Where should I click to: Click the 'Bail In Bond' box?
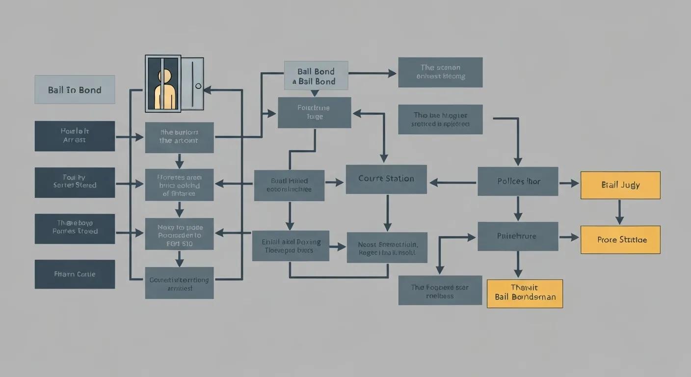75,89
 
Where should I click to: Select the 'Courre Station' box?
386,179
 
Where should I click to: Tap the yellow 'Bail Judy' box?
620,185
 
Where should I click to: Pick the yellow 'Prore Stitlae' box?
620,240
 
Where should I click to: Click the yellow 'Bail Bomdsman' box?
525,294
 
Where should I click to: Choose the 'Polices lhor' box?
518,182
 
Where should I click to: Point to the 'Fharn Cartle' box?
75,274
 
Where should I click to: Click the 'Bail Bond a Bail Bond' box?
316,75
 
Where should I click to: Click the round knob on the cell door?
198,86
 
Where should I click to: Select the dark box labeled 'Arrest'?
75,136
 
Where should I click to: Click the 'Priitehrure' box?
518,236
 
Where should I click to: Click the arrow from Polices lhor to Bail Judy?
569,184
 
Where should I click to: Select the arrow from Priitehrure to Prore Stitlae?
569,238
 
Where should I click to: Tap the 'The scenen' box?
440,72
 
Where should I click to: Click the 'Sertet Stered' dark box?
75,182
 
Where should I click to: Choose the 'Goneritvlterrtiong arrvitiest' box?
179,283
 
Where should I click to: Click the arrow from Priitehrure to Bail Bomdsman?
517,265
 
